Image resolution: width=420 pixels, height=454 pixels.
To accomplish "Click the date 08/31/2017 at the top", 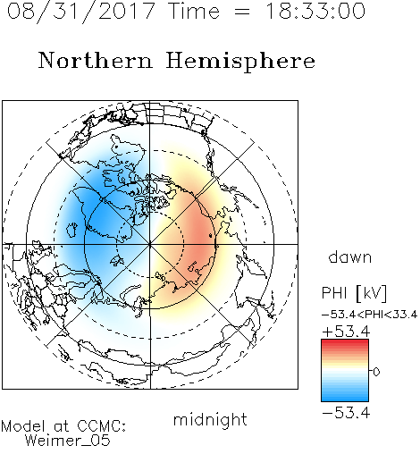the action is coord(81,12).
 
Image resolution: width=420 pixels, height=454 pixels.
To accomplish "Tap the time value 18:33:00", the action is coord(315,11).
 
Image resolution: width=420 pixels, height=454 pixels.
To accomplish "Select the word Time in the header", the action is coord(194,11).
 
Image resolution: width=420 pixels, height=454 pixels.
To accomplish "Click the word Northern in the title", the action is coord(96,61).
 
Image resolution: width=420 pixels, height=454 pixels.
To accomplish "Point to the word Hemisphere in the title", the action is coord(240,62).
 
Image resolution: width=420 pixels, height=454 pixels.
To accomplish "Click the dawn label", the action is coord(350,256).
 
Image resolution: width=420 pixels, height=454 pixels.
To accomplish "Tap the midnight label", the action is coord(210,419).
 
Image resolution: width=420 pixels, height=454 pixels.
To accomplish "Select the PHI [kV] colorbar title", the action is coord(354,293).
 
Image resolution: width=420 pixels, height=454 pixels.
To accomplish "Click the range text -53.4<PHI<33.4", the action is coord(369,315).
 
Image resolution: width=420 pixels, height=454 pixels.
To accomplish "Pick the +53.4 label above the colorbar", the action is coord(346,332).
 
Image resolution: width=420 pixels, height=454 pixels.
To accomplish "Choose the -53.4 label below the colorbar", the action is coord(346,413).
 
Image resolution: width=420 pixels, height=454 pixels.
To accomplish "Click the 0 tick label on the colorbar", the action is coord(376,372).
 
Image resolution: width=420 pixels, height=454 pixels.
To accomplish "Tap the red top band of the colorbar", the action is coord(345,342).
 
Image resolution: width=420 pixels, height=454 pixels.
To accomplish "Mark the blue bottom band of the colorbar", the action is coord(345,398).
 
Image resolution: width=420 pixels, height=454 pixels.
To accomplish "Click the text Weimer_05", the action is coord(68,441).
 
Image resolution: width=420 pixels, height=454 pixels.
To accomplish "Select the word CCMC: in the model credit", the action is coord(101,426).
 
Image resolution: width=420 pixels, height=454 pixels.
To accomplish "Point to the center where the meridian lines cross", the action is coord(150,244).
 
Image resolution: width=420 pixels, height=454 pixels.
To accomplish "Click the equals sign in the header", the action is coord(241,12).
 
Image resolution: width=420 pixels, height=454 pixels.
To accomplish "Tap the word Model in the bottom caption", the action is coord(23,426).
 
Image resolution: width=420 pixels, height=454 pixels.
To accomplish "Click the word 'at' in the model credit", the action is coord(62,427).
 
